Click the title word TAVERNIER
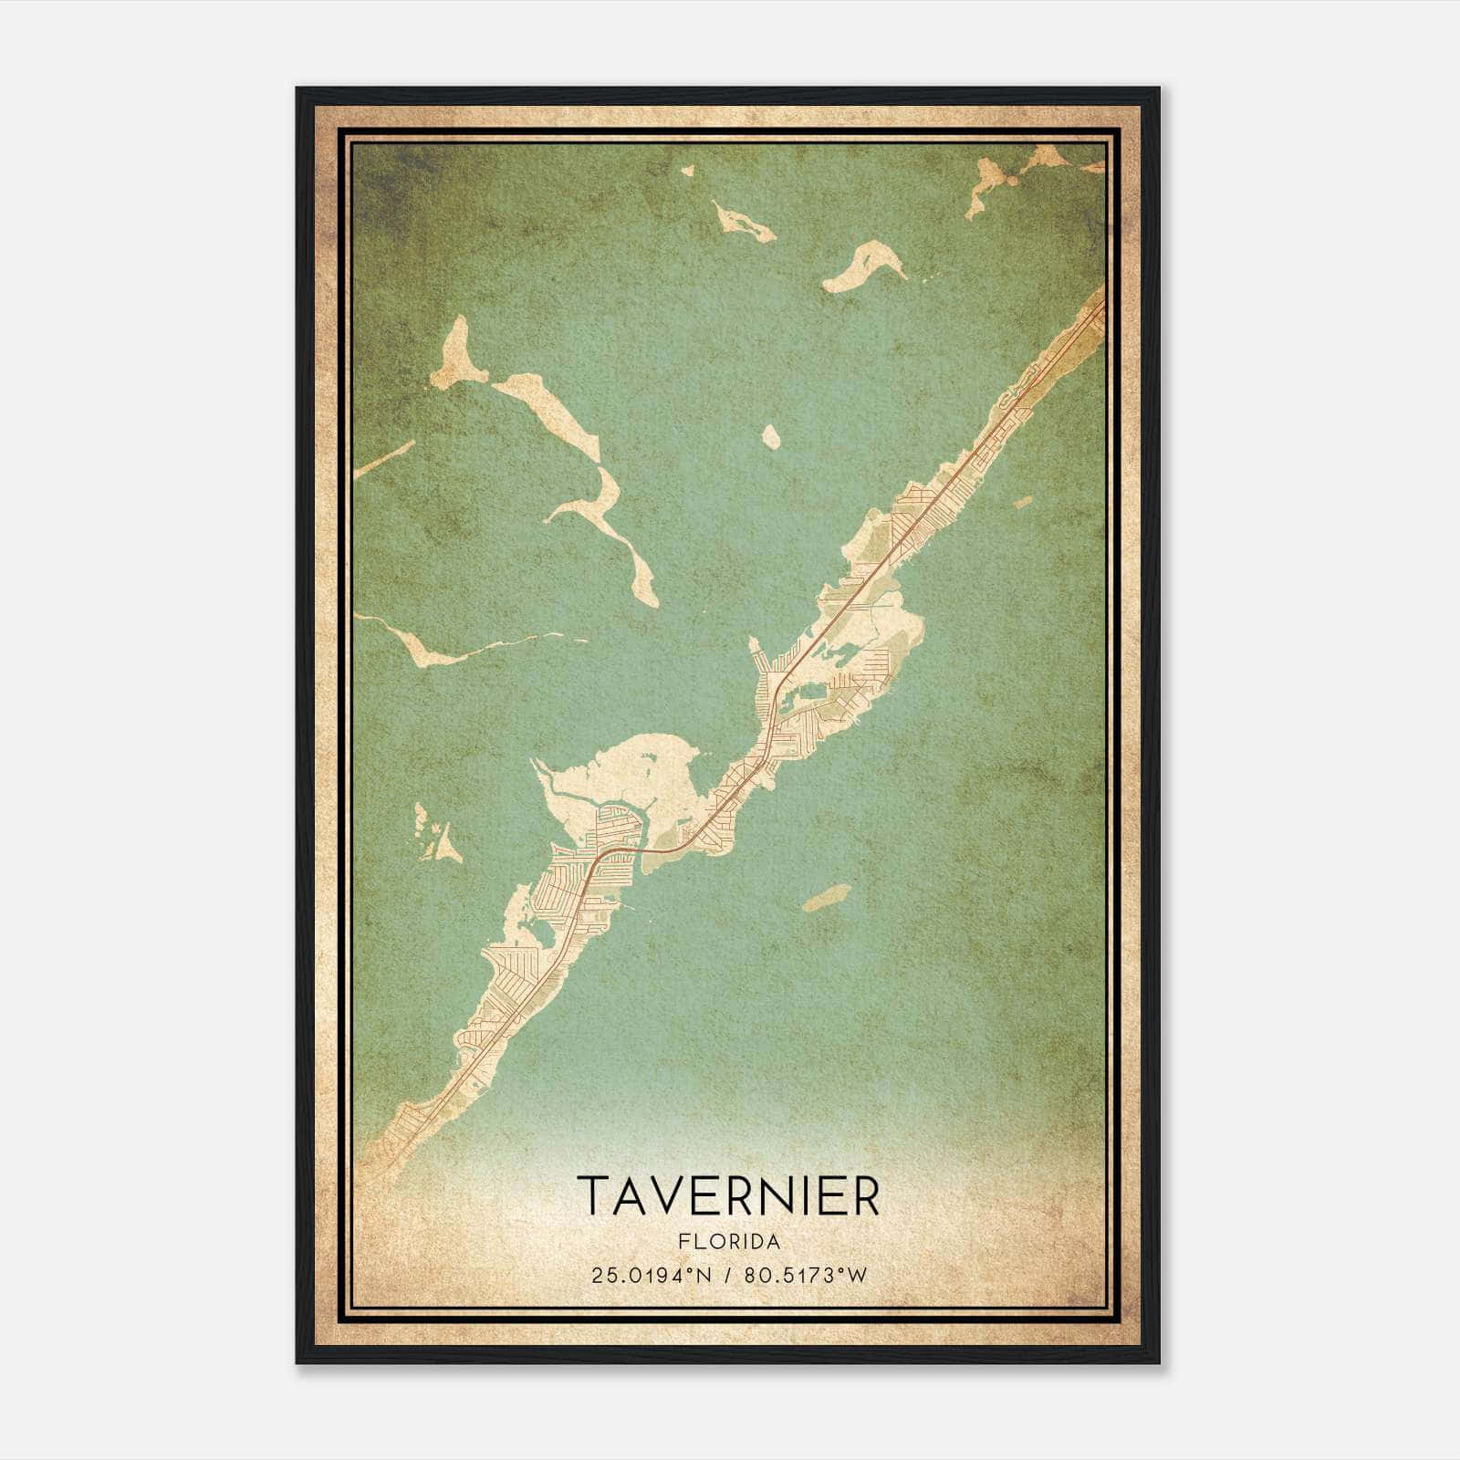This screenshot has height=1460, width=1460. tap(728, 1195)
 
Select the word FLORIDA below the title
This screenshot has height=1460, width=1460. tap(729, 1242)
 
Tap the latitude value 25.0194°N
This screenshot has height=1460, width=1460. tap(650, 1276)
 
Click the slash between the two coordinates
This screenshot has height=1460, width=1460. tap(727, 1276)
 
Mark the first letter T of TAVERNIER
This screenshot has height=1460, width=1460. tap(594, 1195)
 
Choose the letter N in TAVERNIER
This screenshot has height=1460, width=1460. tap(784, 1195)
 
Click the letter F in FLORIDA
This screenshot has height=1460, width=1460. tap(683, 1242)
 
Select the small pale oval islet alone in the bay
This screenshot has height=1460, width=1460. tap(771, 437)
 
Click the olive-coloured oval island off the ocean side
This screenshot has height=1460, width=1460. tap(828, 898)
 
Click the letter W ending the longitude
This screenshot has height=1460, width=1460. tap(856, 1276)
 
